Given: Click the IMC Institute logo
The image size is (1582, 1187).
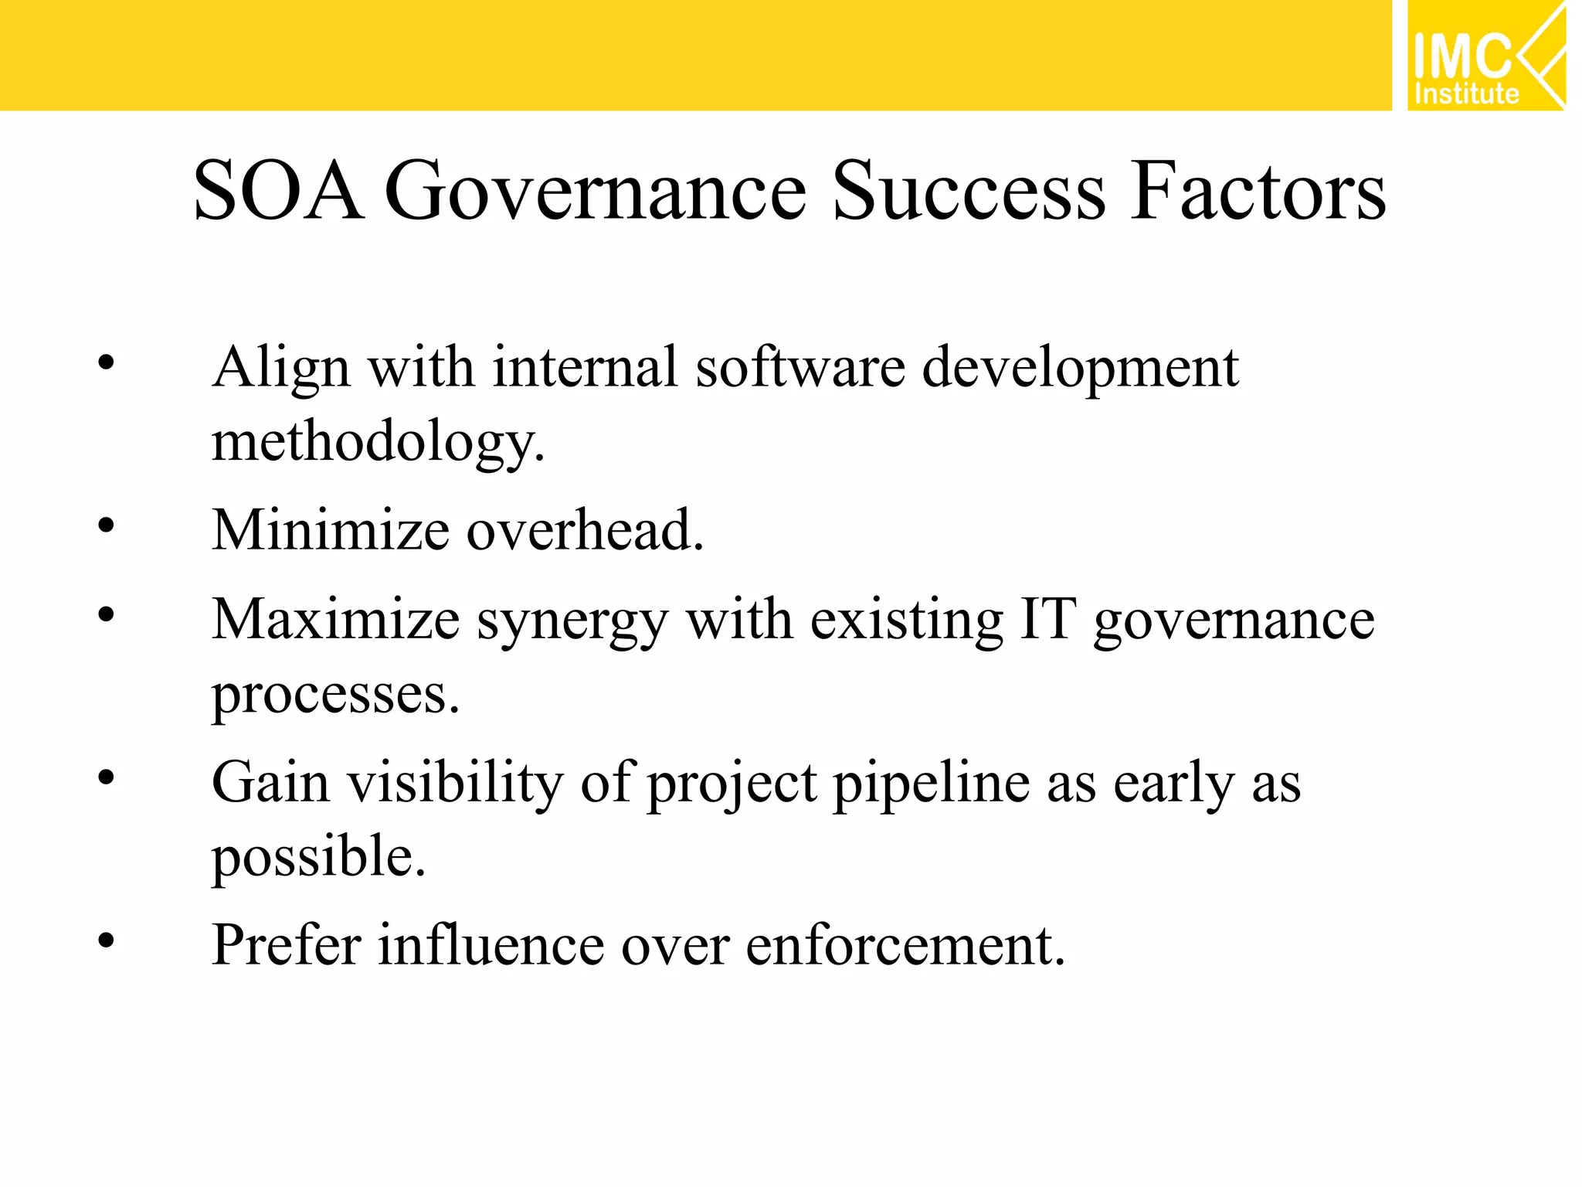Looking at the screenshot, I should pyautogui.click(x=1485, y=56).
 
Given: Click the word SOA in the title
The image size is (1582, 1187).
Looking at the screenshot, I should pyautogui.click(x=278, y=191).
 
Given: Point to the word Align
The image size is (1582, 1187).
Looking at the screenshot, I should pyautogui.click(x=281, y=368).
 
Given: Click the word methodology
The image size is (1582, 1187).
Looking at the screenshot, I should pyautogui.click(x=378, y=442).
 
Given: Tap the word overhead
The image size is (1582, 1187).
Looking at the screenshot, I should pyautogui.click(x=585, y=531).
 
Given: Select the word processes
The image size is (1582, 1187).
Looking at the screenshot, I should pyautogui.click(x=335, y=695).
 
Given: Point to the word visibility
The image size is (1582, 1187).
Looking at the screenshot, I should pyautogui.click(x=455, y=783).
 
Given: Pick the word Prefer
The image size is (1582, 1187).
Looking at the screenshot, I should pyautogui.click(x=287, y=944).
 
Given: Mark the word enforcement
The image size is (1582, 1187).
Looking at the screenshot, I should pyautogui.click(x=905, y=944).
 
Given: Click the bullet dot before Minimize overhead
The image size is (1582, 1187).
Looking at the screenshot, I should pyautogui.click(x=107, y=526).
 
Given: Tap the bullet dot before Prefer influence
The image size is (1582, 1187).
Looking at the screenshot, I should pyautogui.click(x=107, y=940).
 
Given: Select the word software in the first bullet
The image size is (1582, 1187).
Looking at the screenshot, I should pyautogui.click(x=800, y=366).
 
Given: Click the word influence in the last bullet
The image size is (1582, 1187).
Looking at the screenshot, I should pyautogui.click(x=491, y=944).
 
